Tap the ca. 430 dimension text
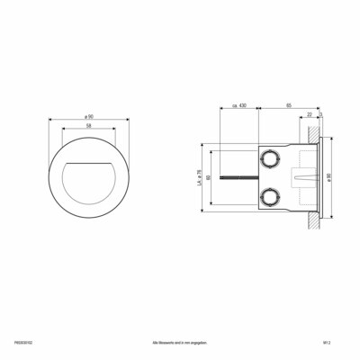238,105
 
